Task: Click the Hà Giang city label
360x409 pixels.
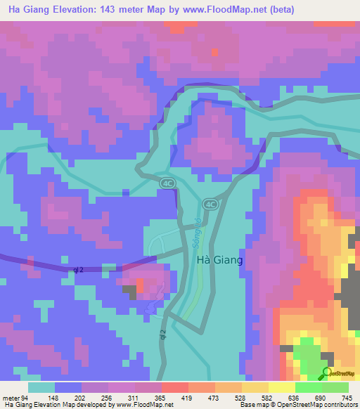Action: coord(219,260)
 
